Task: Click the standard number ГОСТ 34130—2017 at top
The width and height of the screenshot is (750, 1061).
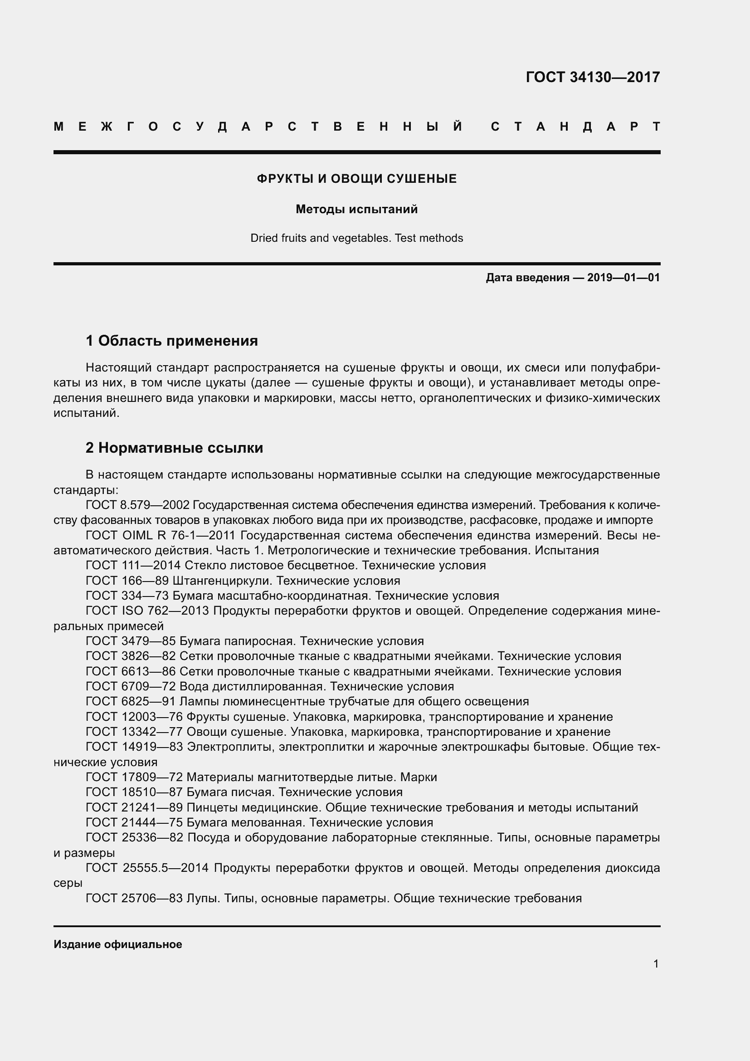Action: point(593,77)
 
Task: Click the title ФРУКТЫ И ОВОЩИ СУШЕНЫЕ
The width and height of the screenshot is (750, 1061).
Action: point(356,179)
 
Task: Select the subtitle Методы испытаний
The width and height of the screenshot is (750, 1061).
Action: point(356,209)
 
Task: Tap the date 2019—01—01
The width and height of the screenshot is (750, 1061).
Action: point(623,278)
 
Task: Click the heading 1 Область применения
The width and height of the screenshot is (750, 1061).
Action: point(172,341)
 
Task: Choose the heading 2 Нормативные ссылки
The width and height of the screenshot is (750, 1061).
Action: point(174,448)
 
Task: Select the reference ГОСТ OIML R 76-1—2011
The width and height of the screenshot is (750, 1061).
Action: point(161,536)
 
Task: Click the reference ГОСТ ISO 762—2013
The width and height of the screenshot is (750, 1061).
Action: point(148,611)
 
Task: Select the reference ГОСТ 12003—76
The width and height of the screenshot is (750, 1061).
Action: point(134,717)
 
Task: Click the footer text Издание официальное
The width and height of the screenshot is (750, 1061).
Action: point(118,944)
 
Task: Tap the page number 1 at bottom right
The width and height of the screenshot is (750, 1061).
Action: point(656,964)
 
